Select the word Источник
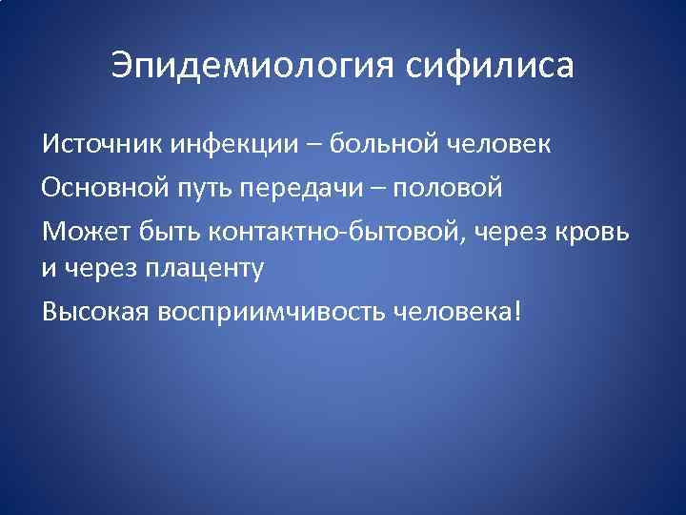(x=102, y=146)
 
